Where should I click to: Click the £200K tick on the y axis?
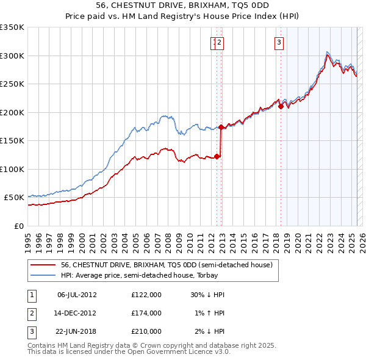[12, 112]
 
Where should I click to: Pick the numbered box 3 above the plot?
[279, 42]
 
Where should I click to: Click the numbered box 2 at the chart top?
[220, 42]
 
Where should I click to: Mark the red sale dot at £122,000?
[217, 156]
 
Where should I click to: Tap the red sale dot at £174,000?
[221, 127]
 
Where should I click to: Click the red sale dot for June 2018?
[281, 106]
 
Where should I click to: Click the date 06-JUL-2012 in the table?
[76, 295]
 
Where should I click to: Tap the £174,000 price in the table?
[146, 313]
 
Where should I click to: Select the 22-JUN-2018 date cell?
[76, 331]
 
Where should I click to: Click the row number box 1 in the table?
[31, 295]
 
